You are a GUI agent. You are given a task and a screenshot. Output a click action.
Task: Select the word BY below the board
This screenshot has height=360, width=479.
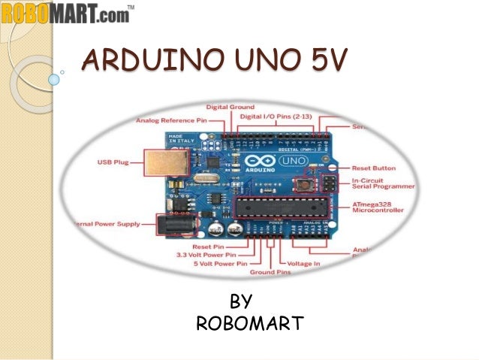[x=240, y=302]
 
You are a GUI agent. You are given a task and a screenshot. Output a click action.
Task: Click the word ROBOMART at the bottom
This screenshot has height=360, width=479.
[x=249, y=324]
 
